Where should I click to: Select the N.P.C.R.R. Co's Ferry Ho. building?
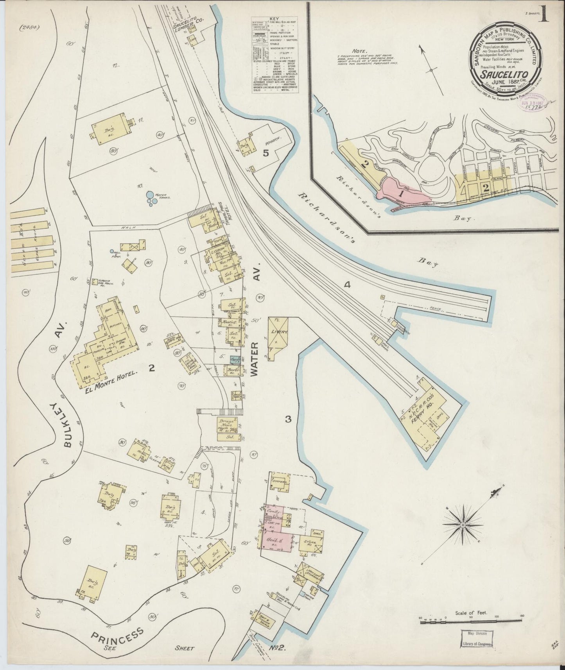coord(427,415)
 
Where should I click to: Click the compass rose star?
coord(463,524)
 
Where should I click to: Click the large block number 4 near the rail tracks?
coord(346,285)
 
